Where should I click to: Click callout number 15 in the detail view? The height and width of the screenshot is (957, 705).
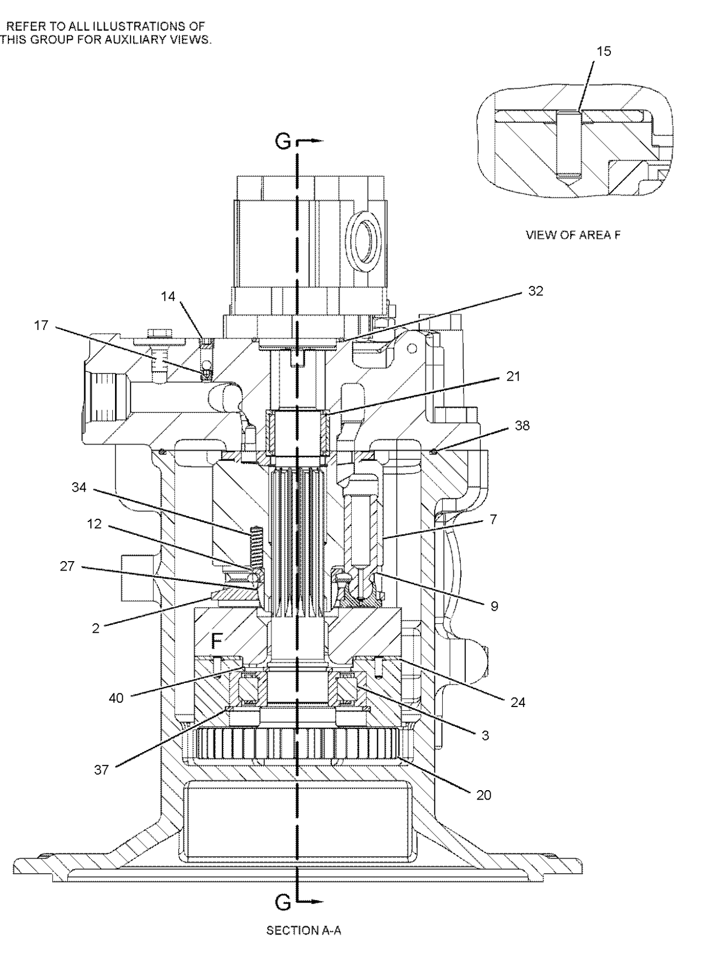coord(604,51)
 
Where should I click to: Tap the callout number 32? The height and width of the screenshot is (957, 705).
coord(536,291)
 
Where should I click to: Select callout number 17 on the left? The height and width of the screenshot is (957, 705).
coord(41,325)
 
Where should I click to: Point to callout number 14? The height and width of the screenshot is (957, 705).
coord(168,297)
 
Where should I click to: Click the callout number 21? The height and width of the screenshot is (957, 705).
coord(513,377)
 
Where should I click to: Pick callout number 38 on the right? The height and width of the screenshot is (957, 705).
coord(522,426)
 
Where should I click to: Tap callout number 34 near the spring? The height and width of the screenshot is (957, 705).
coord(79,488)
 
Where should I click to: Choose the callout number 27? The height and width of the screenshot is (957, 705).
coord(67,566)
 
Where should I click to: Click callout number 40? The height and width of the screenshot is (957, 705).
coord(116,698)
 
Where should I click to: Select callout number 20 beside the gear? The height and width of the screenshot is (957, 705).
coord(483,795)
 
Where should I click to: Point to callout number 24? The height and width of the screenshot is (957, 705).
coord(517,702)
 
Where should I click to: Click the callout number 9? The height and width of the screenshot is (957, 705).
coord(494,606)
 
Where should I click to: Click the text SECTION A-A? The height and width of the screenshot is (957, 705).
coord(304,930)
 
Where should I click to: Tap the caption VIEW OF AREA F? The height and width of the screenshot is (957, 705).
coord(573,235)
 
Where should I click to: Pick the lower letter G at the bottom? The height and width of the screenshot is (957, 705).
coord(283,902)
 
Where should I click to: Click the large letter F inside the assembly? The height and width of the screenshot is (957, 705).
coord(217,639)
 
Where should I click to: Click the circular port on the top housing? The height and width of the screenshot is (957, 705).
coord(364,239)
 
